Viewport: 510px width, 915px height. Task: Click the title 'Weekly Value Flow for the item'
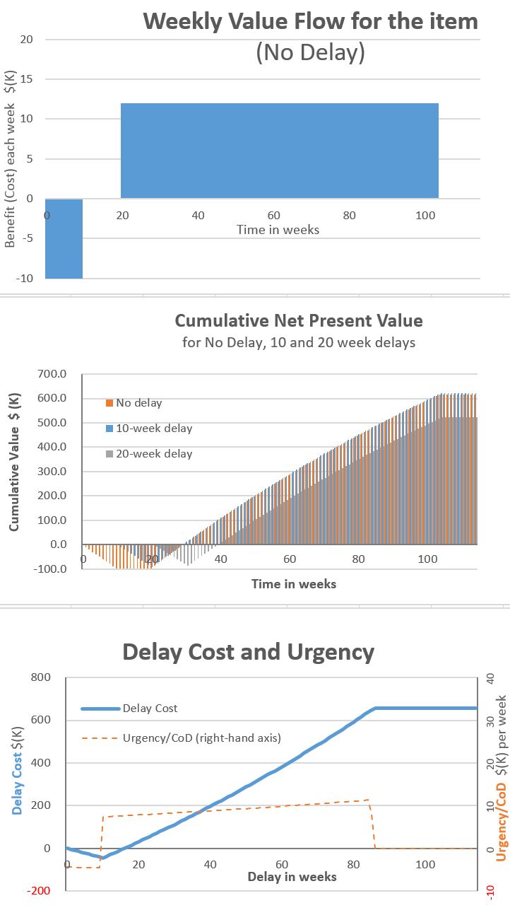coord(310,21)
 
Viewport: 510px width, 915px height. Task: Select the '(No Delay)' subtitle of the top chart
coord(310,53)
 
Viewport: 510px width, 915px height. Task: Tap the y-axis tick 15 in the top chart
coord(27,79)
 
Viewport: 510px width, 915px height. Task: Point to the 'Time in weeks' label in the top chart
coord(278,229)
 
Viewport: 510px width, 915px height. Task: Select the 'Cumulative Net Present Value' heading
coord(299,320)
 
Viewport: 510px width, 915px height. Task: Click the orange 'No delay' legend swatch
coord(109,403)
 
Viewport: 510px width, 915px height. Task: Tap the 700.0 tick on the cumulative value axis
coord(52,373)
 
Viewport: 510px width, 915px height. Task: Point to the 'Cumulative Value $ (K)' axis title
coord(13,471)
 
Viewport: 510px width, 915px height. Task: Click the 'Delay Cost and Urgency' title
coord(248,651)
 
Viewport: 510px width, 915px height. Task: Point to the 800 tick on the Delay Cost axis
coord(40,677)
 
